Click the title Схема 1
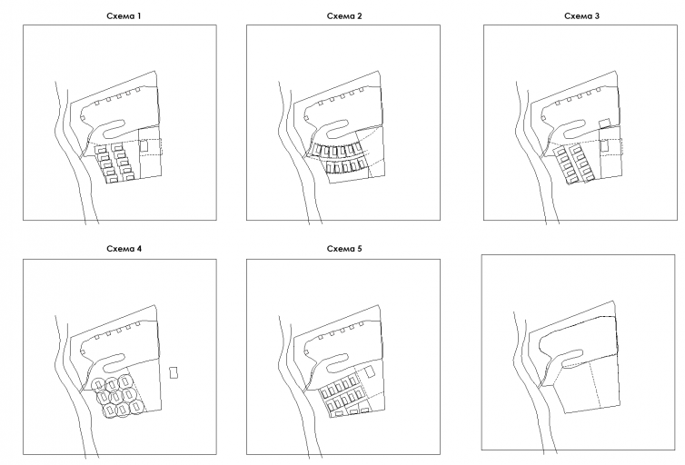pos(124,16)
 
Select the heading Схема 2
pos(344,16)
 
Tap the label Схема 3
pos(581,16)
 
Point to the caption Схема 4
pos(124,249)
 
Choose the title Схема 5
pos(344,249)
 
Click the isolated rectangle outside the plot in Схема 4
pos(174,373)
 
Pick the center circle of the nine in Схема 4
pos(114,397)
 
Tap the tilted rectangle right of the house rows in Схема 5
pos(370,372)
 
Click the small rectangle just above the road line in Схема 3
pos(604,124)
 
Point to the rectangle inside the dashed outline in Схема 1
pos(144,145)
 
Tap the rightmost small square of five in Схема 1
pos(137,90)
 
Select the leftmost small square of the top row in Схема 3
pos(559,103)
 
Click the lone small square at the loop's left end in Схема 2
pos(306,117)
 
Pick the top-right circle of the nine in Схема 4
pos(125,382)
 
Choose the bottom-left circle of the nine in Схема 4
pos(110,410)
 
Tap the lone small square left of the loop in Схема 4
pos(83,351)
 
